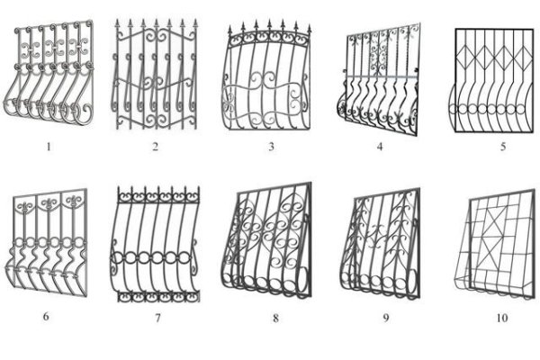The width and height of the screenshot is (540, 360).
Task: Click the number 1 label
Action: pyautogui.click(x=49, y=147)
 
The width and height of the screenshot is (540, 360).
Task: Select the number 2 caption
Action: pyautogui.click(x=156, y=147)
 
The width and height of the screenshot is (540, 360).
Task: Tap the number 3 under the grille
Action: pyautogui.click(x=272, y=147)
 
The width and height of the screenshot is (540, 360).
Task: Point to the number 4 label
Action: pyautogui.click(x=380, y=147)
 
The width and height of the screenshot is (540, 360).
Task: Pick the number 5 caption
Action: pyautogui.click(x=503, y=147)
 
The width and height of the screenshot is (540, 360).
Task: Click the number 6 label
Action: pyautogui.click(x=46, y=316)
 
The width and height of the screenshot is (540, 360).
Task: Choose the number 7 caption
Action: pyautogui.click(x=157, y=318)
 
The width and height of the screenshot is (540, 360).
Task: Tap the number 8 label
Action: pyautogui.click(x=275, y=318)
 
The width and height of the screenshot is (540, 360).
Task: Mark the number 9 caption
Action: pyautogui.click(x=386, y=318)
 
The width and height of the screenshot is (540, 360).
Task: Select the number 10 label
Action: pyautogui.click(x=502, y=318)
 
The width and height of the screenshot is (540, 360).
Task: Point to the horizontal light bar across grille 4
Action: pyautogui.click(x=382, y=76)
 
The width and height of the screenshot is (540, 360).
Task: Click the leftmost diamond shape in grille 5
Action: pyautogui.click(x=465, y=56)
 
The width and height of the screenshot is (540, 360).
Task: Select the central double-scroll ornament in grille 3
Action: pyautogui.click(x=263, y=81)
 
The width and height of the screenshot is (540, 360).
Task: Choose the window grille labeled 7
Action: pyautogui.click(x=155, y=245)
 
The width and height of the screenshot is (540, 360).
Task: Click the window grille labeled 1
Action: pyautogui.click(x=49, y=72)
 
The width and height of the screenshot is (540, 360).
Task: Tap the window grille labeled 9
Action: pyautogui.click(x=381, y=243)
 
